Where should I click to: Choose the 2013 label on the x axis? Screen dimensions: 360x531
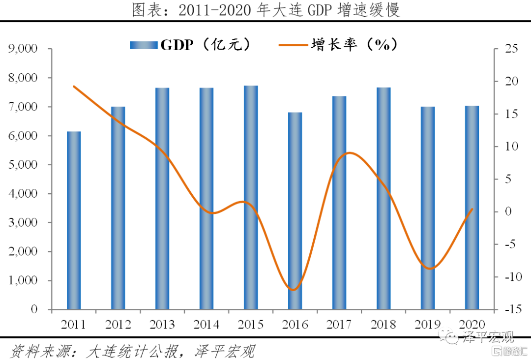[162, 325]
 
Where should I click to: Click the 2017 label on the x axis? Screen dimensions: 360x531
[339, 325]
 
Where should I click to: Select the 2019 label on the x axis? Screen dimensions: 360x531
[427, 325]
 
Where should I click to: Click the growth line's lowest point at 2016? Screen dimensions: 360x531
[294, 290]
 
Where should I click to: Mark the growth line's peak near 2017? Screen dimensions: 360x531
[349, 152]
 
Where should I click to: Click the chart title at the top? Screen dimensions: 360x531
[265, 10]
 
